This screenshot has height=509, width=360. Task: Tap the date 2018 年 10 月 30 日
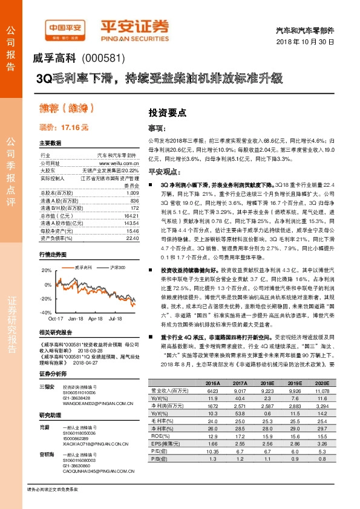[309, 42]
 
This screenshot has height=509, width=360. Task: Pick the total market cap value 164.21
[131, 216]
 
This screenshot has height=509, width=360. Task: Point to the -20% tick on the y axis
[46, 298]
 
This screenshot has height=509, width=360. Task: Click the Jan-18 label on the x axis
[76, 317]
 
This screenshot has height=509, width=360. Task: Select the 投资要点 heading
[167, 112]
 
